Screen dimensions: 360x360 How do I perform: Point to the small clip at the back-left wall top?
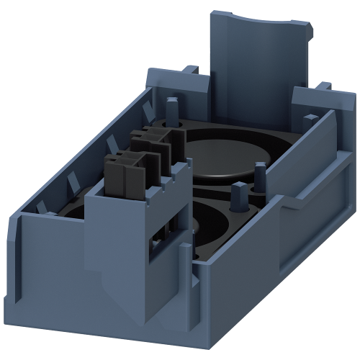[x=193, y=71]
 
